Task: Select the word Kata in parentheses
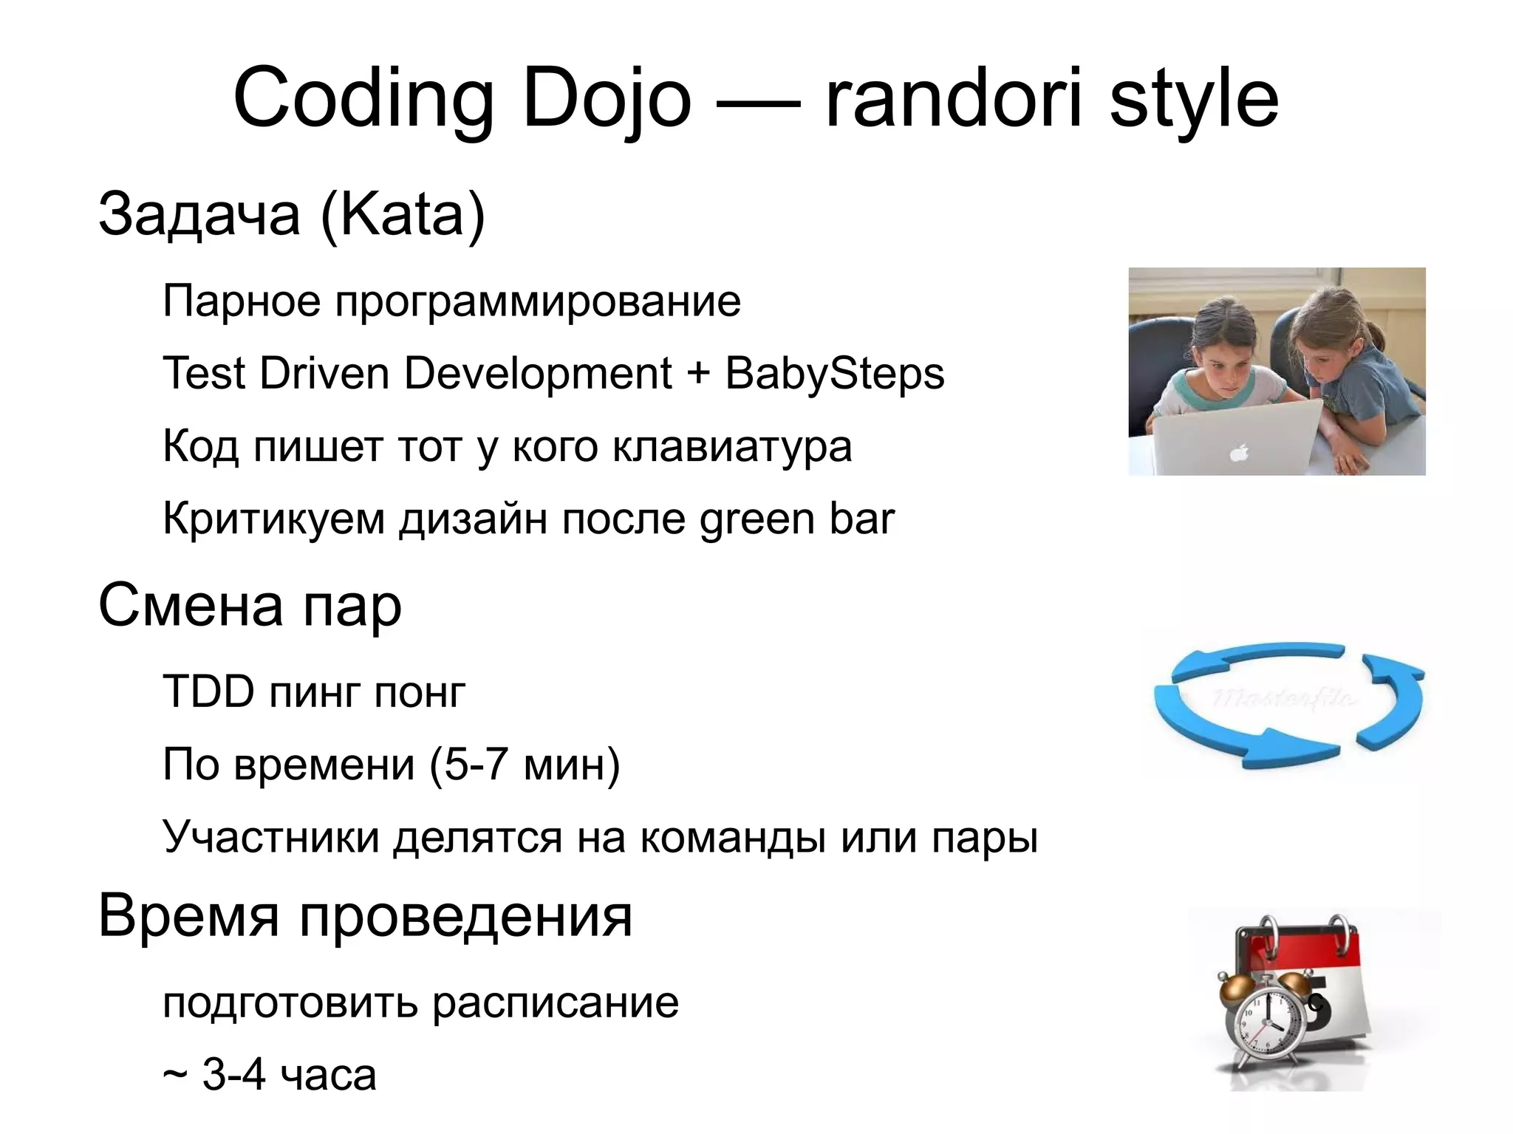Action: click(403, 214)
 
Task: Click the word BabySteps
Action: click(834, 373)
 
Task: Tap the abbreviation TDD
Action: click(208, 691)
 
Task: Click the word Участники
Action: click(270, 837)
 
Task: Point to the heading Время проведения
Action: click(365, 916)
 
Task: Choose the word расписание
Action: click(555, 1003)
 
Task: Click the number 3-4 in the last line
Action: click(233, 1075)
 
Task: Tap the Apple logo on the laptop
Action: click(1239, 452)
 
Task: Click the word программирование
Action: click(538, 301)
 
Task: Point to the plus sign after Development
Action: click(697, 373)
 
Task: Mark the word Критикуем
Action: click(273, 519)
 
